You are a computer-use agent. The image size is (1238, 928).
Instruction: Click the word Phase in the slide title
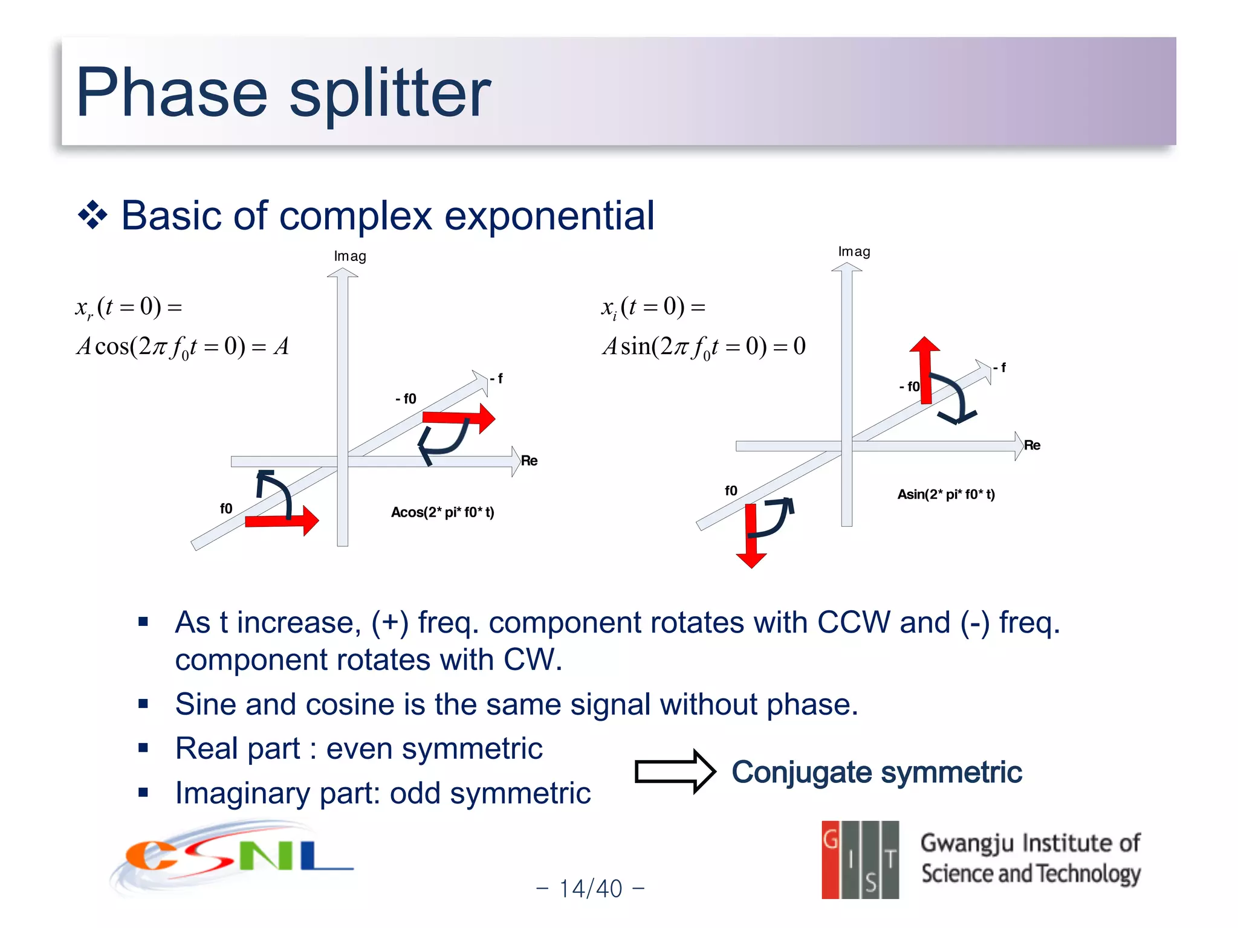(x=171, y=92)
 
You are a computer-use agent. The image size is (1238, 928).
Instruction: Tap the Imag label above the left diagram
(x=350, y=256)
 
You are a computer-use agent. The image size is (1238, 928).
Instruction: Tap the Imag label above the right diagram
(x=854, y=251)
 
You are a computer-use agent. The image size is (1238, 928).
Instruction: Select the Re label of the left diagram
(x=529, y=460)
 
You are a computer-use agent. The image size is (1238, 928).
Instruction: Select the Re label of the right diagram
(x=1032, y=445)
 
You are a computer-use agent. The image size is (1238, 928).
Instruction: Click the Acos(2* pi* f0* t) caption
(x=442, y=512)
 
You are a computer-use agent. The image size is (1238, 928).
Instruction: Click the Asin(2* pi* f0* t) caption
(x=945, y=494)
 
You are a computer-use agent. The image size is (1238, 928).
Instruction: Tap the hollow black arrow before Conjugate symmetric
(x=675, y=772)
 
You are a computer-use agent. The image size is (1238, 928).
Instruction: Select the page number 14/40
(x=590, y=889)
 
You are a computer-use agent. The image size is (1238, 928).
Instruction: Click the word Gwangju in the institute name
(x=967, y=843)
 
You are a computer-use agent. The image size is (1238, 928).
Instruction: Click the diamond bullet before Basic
(x=92, y=215)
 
